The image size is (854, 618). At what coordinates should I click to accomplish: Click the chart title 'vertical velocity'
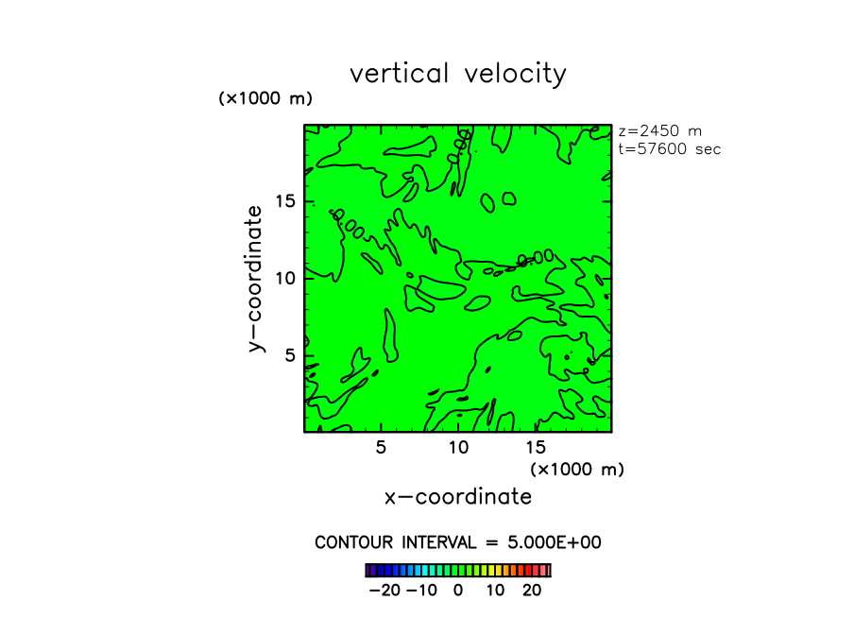pos(458,74)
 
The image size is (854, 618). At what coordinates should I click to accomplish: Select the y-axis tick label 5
pos(292,354)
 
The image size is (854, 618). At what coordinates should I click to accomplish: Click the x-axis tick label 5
pos(381,447)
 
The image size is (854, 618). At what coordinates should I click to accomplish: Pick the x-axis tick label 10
pos(458,447)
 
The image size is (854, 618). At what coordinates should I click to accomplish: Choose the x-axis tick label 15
pos(535,447)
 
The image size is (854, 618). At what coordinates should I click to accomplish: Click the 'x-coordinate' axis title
pos(458,497)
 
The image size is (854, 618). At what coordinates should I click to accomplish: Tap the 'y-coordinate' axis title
pos(254,279)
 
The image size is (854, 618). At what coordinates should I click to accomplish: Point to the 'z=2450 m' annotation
pos(659,131)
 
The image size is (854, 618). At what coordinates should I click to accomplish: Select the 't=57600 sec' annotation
pos(669,149)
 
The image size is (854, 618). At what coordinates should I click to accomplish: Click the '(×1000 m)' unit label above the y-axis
pos(265,98)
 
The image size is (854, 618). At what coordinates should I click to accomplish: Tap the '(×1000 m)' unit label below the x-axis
pos(577,469)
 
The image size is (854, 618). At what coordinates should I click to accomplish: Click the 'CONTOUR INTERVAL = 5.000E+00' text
pos(458,542)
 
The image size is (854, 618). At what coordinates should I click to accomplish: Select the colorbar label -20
pos(384,591)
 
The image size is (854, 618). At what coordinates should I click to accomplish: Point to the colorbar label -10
pos(420,591)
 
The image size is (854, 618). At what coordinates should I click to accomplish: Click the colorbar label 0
pos(458,591)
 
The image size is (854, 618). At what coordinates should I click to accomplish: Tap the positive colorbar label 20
pos(532,591)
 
